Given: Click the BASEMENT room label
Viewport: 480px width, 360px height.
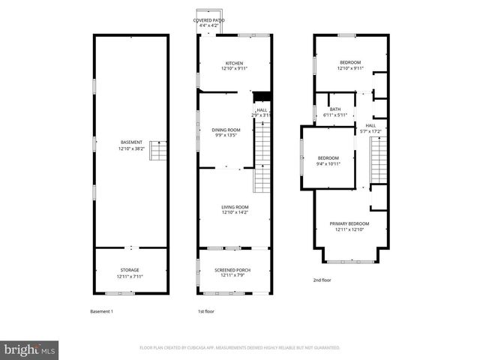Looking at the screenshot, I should pyautogui.click(x=130, y=142).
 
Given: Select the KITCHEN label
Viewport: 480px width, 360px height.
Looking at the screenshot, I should pyautogui.click(x=234, y=62).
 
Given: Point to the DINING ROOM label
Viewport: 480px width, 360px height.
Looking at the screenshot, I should pyautogui.click(x=226, y=130).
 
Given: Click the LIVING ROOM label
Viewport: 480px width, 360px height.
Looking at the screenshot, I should pyautogui.click(x=234, y=207).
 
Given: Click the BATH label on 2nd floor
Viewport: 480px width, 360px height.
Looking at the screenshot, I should pyautogui.click(x=334, y=109).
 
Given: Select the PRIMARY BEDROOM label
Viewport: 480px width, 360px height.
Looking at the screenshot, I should pyautogui.click(x=349, y=223).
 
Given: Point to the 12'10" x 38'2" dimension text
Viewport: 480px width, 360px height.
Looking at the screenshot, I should pyautogui.click(x=130, y=148).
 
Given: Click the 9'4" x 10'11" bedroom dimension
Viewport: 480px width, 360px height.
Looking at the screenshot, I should pyautogui.click(x=328, y=163).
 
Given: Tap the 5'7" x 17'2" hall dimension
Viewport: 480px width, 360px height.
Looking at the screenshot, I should pyautogui.click(x=372, y=131).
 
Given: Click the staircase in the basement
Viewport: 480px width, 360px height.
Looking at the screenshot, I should pyautogui.click(x=157, y=151).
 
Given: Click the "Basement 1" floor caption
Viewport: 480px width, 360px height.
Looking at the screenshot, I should pyautogui.click(x=101, y=311).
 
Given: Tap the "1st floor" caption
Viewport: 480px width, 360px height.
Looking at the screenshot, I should pyautogui.click(x=206, y=311).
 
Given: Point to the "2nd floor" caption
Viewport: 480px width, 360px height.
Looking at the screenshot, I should pyautogui.click(x=322, y=280).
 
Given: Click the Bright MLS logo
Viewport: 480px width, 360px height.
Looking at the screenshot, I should pyautogui.click(x=30, y=349).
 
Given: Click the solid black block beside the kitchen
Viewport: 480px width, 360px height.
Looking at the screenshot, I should pyautogui.click(x=261, y=95).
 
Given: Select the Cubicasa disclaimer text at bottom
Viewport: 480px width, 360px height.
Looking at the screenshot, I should pyautogui.click(x=240, y=348).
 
